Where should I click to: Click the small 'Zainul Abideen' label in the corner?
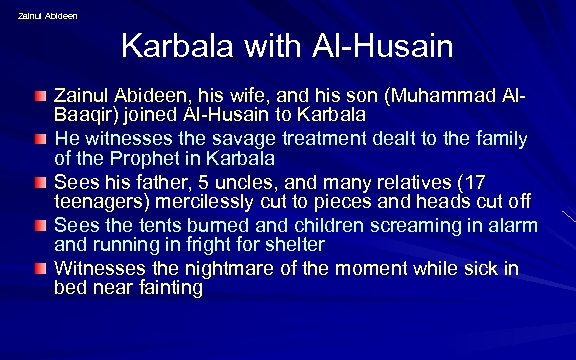click(x=48, y=15)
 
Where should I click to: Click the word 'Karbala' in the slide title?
click(x=172, y=46)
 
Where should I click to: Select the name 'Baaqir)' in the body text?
click(x=86, y=115)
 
